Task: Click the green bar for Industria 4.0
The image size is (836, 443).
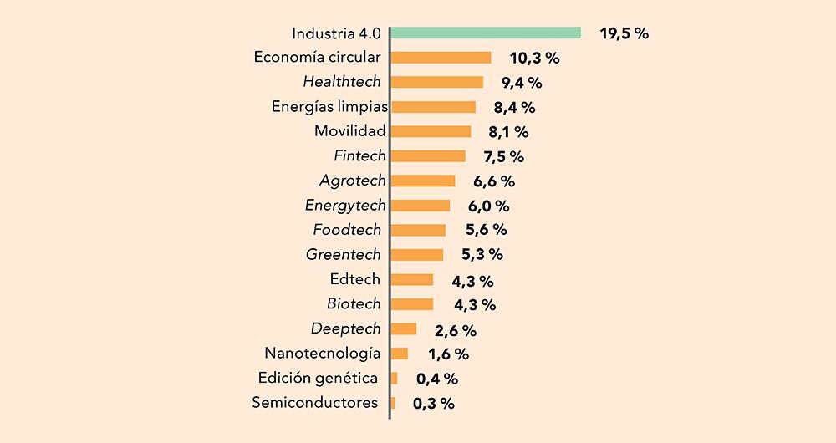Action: click(486, 33)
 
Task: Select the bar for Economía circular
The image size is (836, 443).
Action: click(441, 58)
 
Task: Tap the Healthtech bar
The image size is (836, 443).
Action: click(437, 82)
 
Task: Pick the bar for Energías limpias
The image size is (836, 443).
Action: click(433, 107)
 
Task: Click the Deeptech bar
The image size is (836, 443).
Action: click(404, 328)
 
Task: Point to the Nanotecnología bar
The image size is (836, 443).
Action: click(400, 354)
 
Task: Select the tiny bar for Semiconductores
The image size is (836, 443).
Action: click(393, 403)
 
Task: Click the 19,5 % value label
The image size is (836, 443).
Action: click(624, 34)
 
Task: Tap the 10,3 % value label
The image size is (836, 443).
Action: click(534, 59)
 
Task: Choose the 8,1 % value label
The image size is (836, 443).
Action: click(508, 132)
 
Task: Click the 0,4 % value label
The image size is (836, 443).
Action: click(437, 379)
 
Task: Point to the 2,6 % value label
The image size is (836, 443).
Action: click(456, 330)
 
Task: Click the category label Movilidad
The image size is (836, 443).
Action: click(350, 131)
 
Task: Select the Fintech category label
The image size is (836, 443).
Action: click(359, 155)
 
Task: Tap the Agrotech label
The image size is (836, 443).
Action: click(353, 181)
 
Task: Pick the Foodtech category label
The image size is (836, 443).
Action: click(347, 230)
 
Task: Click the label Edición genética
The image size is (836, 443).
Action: click(319, 378)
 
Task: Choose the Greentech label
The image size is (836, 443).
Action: click(344, 254)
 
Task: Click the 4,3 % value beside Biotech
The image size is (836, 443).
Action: click(473, 304)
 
